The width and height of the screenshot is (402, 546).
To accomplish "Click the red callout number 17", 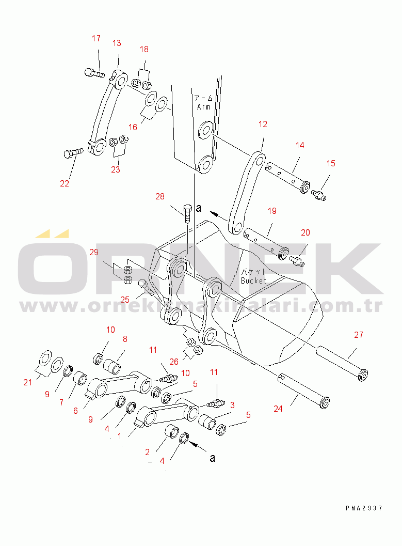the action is [97, 38].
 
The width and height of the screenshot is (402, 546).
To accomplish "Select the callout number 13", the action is [117, 43].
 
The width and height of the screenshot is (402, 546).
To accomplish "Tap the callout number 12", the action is [263, 124].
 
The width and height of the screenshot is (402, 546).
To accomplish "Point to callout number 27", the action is [359, 335].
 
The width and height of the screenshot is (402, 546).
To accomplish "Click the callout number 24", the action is [278, 409].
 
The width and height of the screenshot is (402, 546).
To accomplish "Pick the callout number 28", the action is [160, 196].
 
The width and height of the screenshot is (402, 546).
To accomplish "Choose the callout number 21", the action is [28, 382].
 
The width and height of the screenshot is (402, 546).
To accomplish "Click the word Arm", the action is [204, 107].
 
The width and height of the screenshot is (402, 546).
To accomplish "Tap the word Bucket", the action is [253, 280].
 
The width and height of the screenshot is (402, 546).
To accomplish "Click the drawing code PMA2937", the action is [364, 508].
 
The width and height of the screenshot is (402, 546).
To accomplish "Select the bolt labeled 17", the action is [94, 73].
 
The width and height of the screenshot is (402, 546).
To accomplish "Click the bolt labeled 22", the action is [74, 153].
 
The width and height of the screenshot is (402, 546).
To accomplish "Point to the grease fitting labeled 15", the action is [318, 195].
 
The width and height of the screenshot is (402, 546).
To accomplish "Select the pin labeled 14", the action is [287, 178].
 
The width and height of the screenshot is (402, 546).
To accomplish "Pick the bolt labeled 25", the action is [147, 287].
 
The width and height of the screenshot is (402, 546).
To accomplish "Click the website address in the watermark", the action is [201, 306].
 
